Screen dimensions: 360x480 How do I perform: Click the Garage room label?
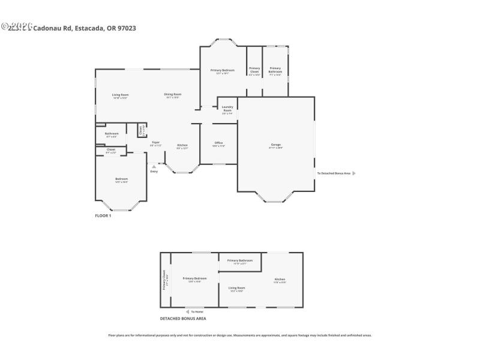[276, 145]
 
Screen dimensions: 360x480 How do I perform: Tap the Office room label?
[218, 143]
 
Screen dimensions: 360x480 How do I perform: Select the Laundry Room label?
[227, 109]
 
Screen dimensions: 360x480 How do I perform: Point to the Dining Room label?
[173, 94]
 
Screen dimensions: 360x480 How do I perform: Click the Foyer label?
[155, 142]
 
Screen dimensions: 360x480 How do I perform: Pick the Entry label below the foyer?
[154, 172]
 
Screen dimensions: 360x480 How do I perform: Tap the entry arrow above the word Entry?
[154, 166]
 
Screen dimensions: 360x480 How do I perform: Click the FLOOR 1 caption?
[103, 215]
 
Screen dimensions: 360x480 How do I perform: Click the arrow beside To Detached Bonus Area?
[354, 173]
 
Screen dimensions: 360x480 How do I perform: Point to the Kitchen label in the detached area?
[280, 280]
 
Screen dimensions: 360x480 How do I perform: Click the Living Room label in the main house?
[121, 95]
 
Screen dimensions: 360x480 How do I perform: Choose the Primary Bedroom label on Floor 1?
[222, 70]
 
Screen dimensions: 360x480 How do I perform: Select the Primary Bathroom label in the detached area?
[239, 260]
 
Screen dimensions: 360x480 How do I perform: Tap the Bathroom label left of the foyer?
[112, 133]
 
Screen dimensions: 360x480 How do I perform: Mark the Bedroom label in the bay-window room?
[122, 179]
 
